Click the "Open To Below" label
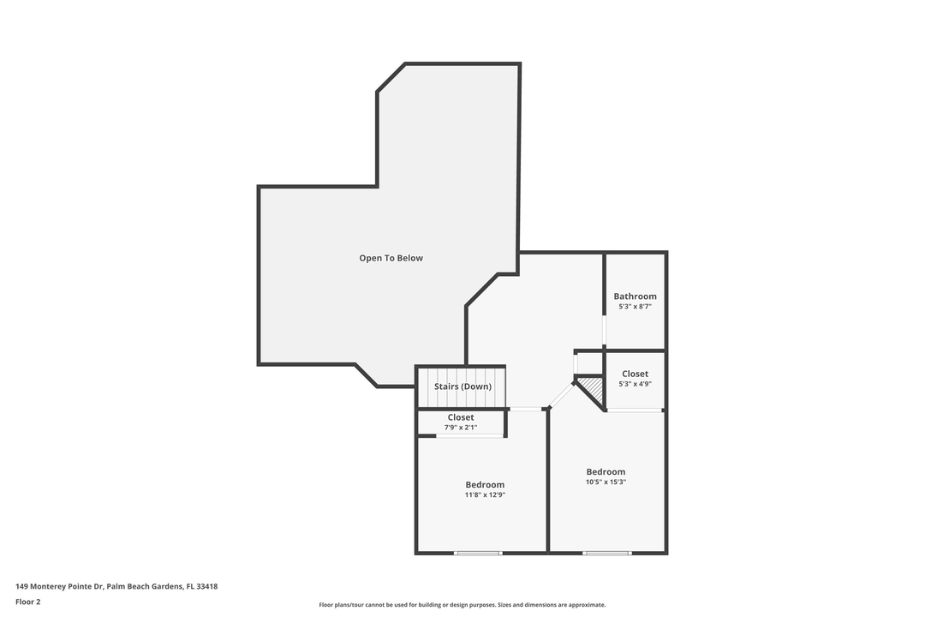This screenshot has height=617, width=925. (391, 258)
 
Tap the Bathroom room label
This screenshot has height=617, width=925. (635, 297)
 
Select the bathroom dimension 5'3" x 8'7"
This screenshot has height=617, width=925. (635, 307)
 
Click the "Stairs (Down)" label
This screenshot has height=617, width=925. (462, 386)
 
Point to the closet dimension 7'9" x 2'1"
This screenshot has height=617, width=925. (461, 428)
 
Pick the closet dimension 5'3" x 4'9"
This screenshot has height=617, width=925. (635, 384)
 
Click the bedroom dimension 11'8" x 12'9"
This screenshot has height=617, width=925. (485, 494)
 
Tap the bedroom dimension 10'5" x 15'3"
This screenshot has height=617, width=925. (606, 482)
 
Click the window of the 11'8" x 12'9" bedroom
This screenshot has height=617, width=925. (478, 553)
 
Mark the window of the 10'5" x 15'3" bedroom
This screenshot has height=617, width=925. (607, 553)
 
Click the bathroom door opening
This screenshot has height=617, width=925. (604, 330)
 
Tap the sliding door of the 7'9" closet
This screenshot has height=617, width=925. (469, 436)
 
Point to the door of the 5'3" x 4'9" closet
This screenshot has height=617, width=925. (635, 410)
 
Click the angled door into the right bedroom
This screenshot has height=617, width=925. (562, 394)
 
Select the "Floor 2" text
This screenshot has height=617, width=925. (27, 602)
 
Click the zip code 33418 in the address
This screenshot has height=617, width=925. (206, 586)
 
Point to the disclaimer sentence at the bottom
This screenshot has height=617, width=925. (462, 605)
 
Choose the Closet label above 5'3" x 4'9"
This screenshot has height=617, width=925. (635, 374)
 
